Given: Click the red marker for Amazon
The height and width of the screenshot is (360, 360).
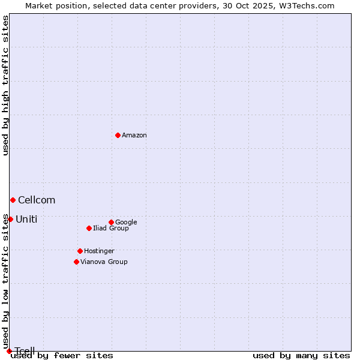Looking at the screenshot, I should tap(118, 135).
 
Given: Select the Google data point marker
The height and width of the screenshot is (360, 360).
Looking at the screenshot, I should tap(111, 222).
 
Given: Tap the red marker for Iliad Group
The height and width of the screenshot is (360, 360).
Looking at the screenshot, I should tap(89, 228).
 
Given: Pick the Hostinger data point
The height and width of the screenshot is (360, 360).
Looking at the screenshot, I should tap(80, 251).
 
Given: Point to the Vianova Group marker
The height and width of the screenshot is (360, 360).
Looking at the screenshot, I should tap(76, 262).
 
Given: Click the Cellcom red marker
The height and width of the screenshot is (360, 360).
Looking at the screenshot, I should tap(13, 200).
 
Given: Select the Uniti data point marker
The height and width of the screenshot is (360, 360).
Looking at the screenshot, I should tap(10, 219).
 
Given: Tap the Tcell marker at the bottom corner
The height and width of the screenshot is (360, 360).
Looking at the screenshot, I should tap(9, 351).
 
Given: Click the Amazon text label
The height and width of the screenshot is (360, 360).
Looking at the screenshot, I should tap(134, 136).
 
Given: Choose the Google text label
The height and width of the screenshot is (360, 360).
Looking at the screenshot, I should tap(126, 223).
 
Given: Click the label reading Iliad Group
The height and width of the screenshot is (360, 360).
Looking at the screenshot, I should tap(111, 229).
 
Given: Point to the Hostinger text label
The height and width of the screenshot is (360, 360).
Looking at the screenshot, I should tap(99, 251).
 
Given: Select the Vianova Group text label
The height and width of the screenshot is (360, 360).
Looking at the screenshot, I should tap(104, 262).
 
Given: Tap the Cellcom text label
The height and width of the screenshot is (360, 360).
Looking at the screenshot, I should tap(37, 200).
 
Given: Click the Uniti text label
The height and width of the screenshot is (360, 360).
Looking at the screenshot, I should tap(26, 220).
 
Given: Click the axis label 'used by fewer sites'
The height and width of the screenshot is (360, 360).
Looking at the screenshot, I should tap(62, 356).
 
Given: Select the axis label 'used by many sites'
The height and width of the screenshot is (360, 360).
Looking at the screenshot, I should tap(301, 356).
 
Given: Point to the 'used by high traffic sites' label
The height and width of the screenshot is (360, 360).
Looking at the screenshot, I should tap(6, 85).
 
